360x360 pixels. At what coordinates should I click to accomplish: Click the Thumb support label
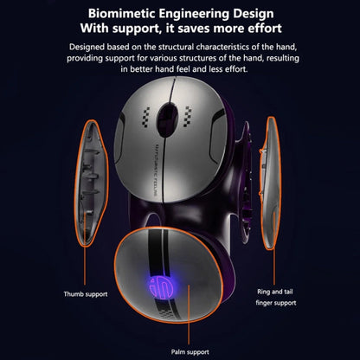click(86, 294)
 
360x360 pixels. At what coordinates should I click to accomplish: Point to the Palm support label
click(190, 352)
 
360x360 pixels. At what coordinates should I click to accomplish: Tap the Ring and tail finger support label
click(276, 298)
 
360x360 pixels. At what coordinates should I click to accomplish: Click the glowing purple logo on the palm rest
click(161, 287)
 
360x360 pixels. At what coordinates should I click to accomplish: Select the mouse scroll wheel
click(167, 119)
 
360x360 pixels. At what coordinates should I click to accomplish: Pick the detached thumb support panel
click(91, 183)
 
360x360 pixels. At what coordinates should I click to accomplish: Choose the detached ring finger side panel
click(270, 183)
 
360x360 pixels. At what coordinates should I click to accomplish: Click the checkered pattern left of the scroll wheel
click(146, 118)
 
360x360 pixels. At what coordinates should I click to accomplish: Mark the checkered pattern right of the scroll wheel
click(187, 117)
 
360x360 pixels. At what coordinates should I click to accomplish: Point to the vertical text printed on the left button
click(156, 170)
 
